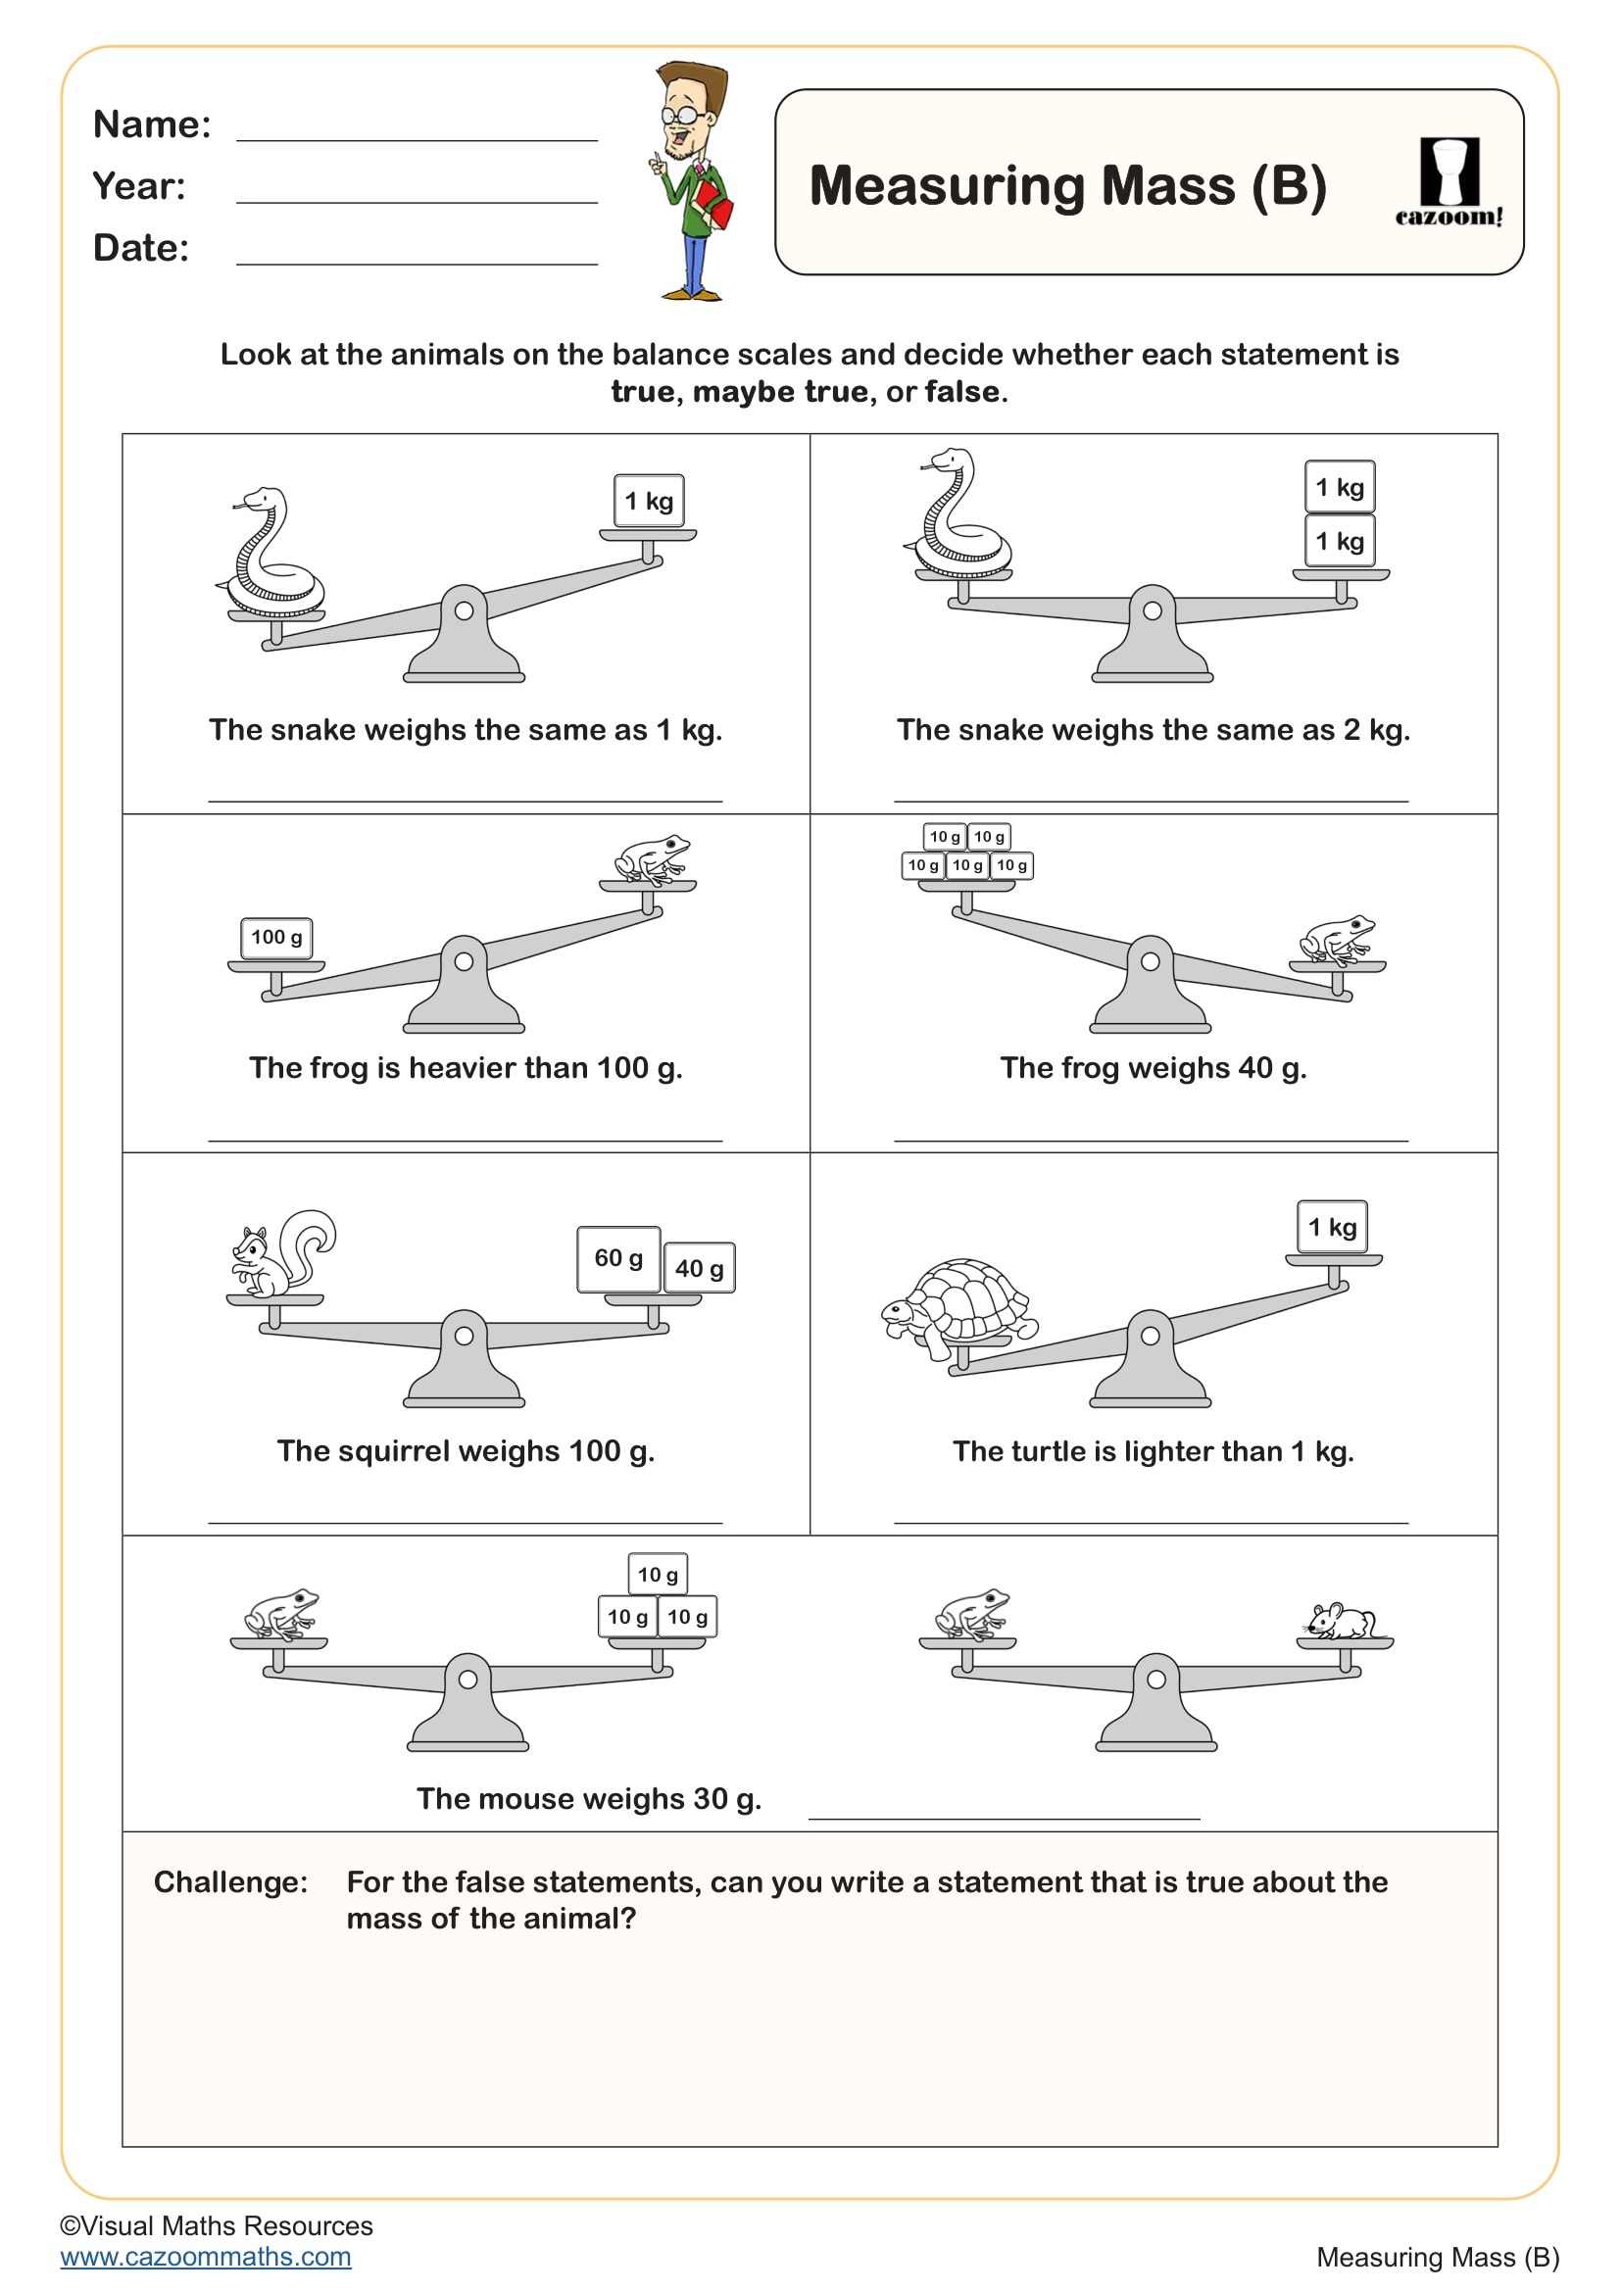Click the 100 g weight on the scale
[x=276, y=938]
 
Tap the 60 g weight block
[x=617, y=1258]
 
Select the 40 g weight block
[x=699, y=1268]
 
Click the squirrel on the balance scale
[x=282, y=1254]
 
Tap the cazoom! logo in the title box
[x=1449, y=182]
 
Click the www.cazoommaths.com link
[x=206, y=2256]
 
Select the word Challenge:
[x=230, y=1881]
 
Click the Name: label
[x=152, y=124]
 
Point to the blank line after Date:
[x=417, y=263]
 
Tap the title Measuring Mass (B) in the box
[x=1067, y=187]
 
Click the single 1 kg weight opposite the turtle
[x=1332, y=1227]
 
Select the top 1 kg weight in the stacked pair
[x=1340, y=487]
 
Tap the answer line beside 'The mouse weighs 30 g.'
[x=1004, y=1817]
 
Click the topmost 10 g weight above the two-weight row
[x=657, y=1575]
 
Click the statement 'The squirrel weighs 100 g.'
[x=466, y=1450]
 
